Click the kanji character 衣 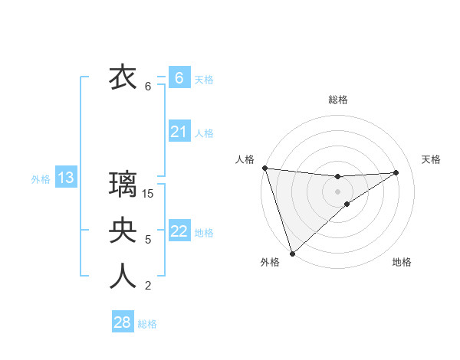coord(123,77)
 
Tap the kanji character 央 coord(123,231)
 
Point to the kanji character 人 coord(123,277)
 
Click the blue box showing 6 coord(179,78)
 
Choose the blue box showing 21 coord(179,132)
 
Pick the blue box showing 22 coord(179,231)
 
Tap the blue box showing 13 coord(65,178)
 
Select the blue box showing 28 coord(122,322)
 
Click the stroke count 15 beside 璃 coord(148,194)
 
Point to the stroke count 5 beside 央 coord(148,240)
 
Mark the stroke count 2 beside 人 coord(148,286)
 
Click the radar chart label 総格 coord(337,100)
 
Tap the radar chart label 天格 coord(432,159)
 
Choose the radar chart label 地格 coord(402,262)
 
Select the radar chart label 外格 coord(270,262)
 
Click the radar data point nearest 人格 coord(264,168)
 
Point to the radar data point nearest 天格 coord(396,172)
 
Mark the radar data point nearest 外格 coord(292,253)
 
